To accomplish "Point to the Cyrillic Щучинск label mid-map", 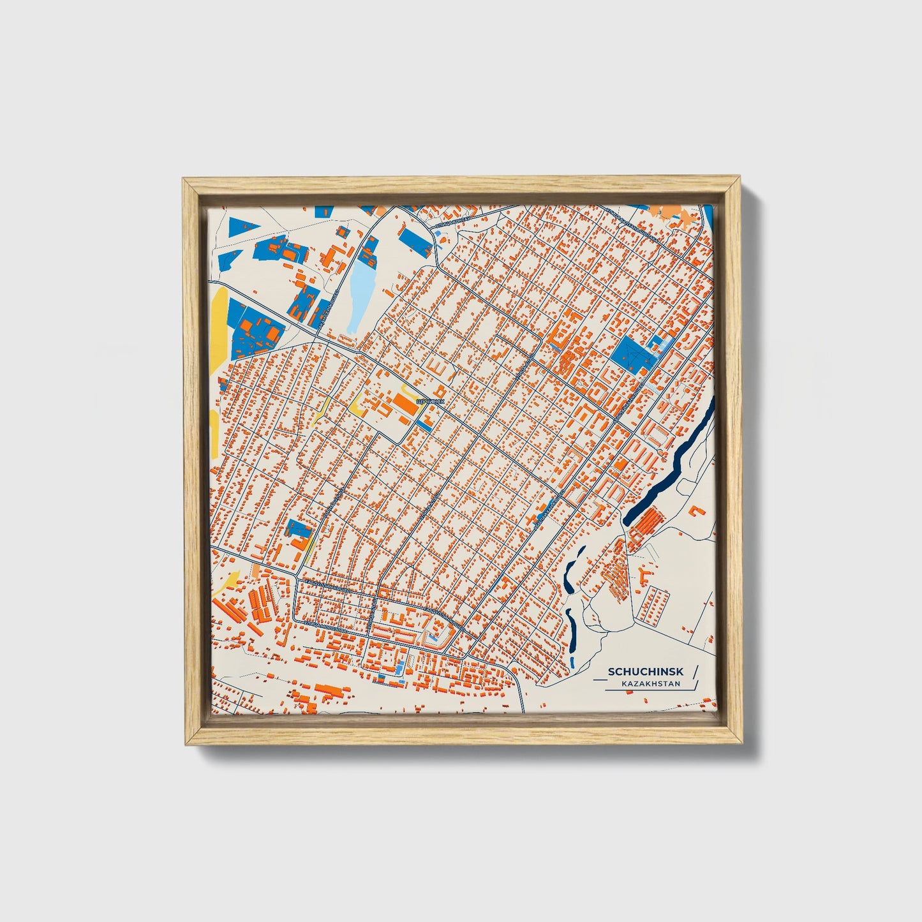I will click(x=429, y=401).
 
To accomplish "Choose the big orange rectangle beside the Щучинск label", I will click(x=405, y=404).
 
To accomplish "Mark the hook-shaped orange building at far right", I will click(x=697, y=510).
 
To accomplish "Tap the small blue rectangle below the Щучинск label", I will click(x=423, y=422).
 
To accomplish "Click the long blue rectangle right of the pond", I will click(x=414, y=241).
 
